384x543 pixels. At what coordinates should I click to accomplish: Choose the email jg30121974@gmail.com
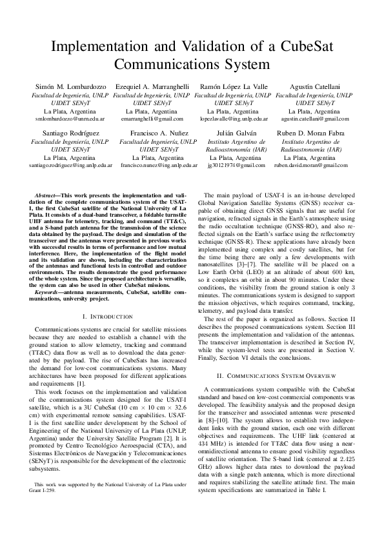[x=233, y=165]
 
